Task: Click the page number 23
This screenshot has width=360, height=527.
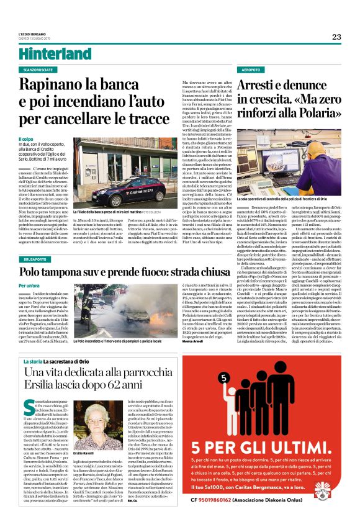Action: (x=336, y=37)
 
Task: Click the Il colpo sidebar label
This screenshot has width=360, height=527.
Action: (x=26, y=139)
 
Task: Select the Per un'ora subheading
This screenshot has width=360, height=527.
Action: (x=29, y=268)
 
